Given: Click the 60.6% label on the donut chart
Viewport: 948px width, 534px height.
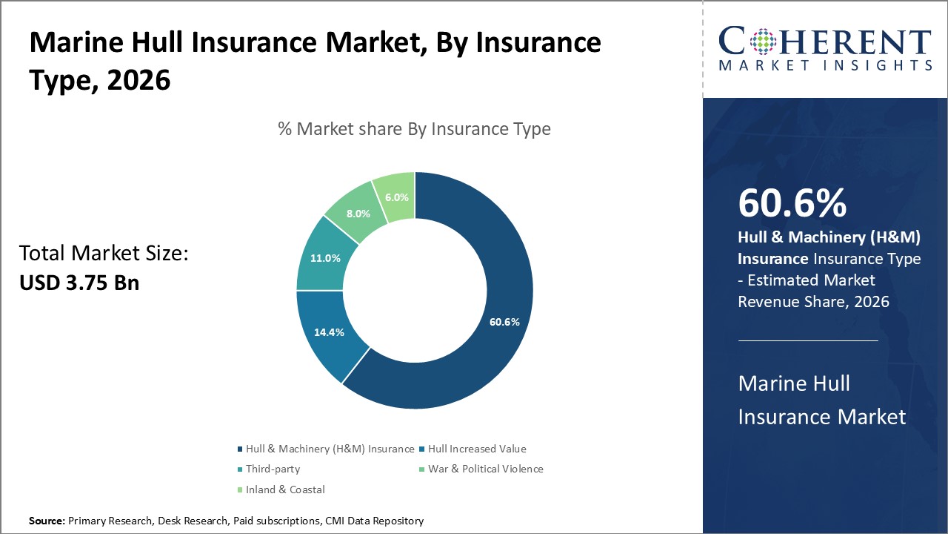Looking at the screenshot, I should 504,322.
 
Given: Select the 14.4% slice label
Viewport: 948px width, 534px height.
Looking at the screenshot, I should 329,332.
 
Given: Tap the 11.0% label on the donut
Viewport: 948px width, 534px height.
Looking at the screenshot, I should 325,259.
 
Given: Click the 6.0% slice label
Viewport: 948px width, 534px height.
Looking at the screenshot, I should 395,197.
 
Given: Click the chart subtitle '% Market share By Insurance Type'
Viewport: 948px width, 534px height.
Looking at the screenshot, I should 414,129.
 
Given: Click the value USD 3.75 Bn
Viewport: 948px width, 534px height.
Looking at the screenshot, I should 79,283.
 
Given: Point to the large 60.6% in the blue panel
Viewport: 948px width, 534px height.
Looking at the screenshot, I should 792,204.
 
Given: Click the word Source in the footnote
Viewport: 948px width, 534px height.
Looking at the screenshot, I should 47,521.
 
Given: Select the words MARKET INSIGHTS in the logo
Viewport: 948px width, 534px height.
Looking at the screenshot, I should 825,66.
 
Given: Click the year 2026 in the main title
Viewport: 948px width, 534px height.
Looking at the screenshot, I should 138,80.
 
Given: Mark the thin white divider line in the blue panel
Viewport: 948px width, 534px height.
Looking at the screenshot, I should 808,340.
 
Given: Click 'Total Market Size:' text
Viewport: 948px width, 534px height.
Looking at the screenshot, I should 104,254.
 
